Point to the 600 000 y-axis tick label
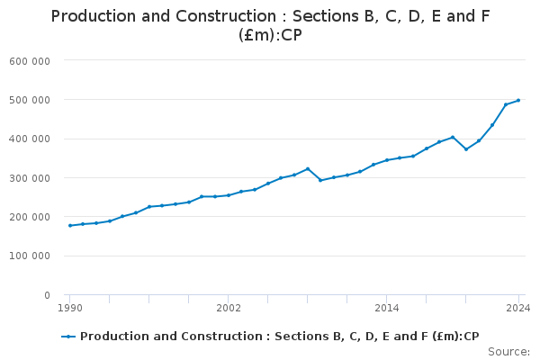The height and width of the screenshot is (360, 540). (31, 61)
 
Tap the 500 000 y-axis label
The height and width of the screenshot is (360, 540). (31, 100)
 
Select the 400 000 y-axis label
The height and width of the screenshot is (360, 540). (31, 139)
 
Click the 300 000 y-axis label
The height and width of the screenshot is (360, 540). (31, 178)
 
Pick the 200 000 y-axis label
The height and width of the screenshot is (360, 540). (31, 217)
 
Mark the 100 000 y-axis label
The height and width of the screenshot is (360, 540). (31, 256)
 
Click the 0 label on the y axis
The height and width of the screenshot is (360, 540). (46, 295)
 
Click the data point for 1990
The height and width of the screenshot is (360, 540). (70, 225)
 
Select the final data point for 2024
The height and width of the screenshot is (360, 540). (518, 100)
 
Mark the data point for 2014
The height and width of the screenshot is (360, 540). (387, 160)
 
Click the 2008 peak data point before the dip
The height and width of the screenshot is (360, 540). (308, 168)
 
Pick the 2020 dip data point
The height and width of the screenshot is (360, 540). (466, 149)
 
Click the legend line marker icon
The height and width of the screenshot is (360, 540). (68, 337)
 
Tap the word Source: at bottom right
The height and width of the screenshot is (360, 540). (508, 352)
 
